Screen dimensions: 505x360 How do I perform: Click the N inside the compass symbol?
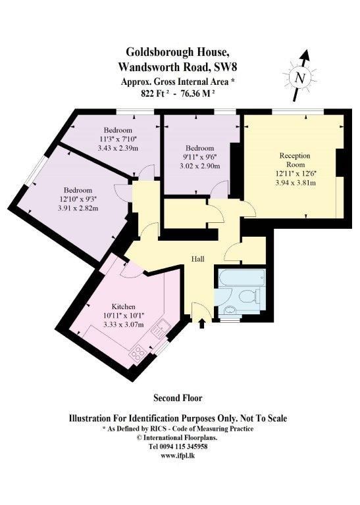tap(301, 78)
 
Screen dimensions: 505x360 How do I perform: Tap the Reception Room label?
tap(294, 159)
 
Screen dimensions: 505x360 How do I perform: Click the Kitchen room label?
tap(123, 306)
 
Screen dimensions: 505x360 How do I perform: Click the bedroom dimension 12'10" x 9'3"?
tap(78, 199)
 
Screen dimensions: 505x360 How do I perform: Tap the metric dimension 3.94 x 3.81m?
tap(294, 182)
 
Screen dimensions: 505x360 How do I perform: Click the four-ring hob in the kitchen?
tap(139, 353)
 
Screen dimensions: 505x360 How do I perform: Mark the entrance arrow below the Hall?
tap(201, 322)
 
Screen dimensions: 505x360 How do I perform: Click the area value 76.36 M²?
tap(204, 94)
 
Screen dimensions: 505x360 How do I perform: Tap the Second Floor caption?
tap(178, 398)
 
